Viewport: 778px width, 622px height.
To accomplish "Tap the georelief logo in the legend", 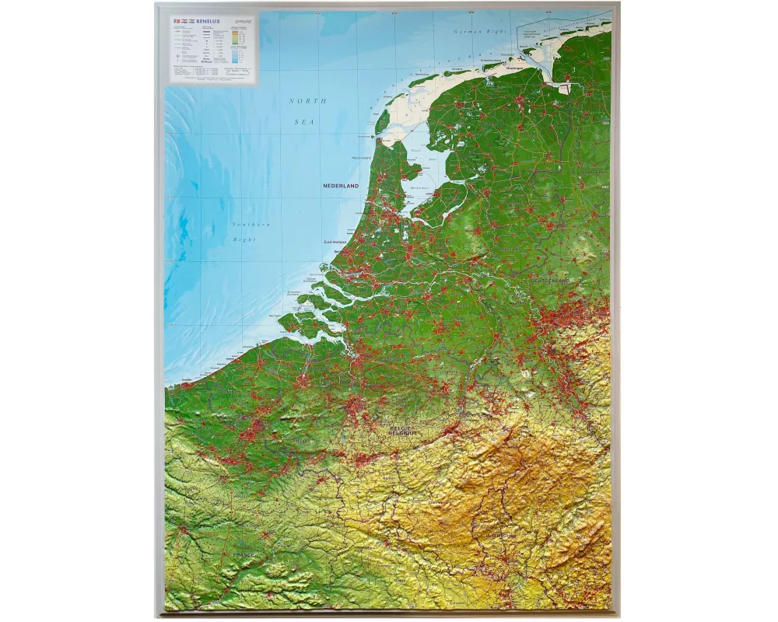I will pyautogui.click(x=241, y=23).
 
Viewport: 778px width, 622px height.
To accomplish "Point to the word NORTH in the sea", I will pyautogui.click(x=308, y=101).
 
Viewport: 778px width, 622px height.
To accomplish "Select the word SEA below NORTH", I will pyautogui.click(x=303, y=122).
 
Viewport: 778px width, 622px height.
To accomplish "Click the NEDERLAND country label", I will pyautogui.click(x=342, y=187).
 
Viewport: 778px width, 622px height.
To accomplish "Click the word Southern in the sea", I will pyautogui.click(x=251, y=225).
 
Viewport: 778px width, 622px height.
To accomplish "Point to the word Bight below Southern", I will pyautogui.click(x=244, y=239).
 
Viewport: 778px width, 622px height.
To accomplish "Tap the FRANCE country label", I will pyautogui.click(x=244, y=554).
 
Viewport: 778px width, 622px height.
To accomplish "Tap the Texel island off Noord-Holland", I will pyautogui.click(x=382, y=121).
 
